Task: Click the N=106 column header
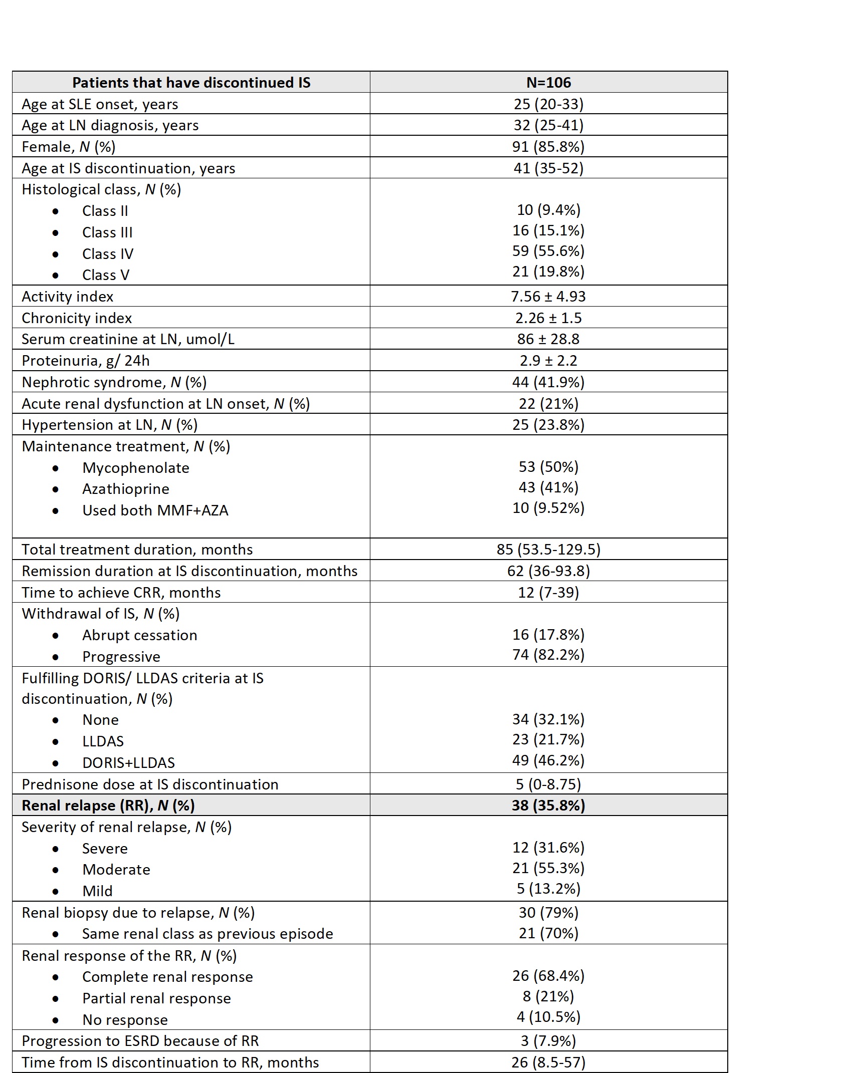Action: [x=548, y=82]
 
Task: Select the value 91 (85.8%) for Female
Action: [x=548, y=147]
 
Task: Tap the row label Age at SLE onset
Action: [x=100, y=104]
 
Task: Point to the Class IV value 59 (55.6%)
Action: [x=548, y=251]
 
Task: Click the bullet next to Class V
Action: [x=55, y=276]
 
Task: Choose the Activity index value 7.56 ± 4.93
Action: [x=548, y=297]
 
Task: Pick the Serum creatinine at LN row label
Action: [x=128, y=339]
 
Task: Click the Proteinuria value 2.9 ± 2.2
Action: [x=548, y=361]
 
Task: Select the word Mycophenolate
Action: [x=136, y=468]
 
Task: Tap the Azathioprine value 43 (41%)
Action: [x=548, y=487]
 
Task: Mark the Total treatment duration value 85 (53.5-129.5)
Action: [x=548, y=550]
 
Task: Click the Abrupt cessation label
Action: [x=139, y=635]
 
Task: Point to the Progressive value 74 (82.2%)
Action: [x=548, y=655]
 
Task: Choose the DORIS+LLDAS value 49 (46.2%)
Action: [x=548, y=760]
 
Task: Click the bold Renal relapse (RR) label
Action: [x=108, y=806]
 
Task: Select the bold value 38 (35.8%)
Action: [x=548, y=806]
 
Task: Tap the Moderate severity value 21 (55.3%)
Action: [x=548, y=868]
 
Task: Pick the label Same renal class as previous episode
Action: [x=207, y=934]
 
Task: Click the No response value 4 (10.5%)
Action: [x=548, y=1017]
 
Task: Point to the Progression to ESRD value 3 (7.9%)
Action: [x=548, y=1041]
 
